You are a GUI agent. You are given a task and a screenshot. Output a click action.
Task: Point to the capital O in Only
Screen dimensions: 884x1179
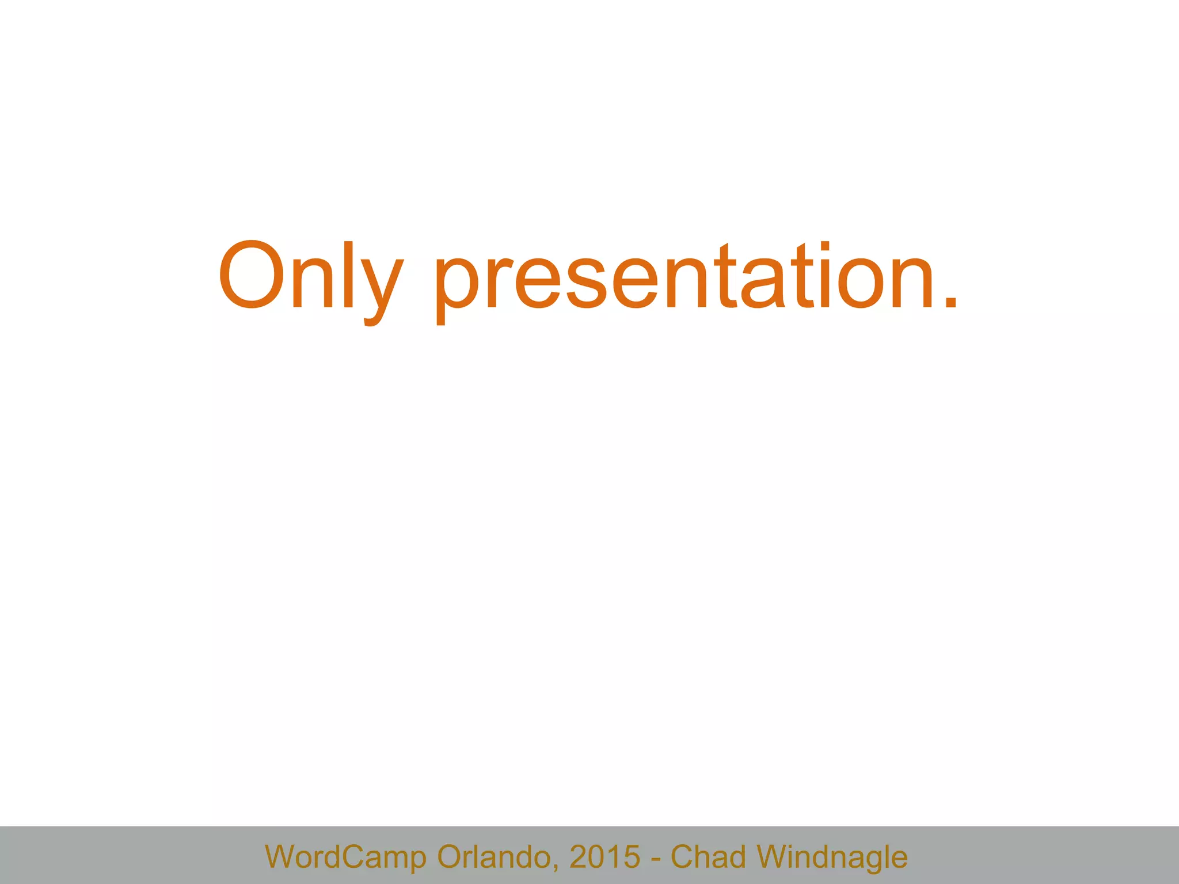point(251,275)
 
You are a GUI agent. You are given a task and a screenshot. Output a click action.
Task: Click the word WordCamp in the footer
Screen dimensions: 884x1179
point(345,857)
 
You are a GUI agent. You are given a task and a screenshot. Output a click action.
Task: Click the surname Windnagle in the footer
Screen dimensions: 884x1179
point(832,857)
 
